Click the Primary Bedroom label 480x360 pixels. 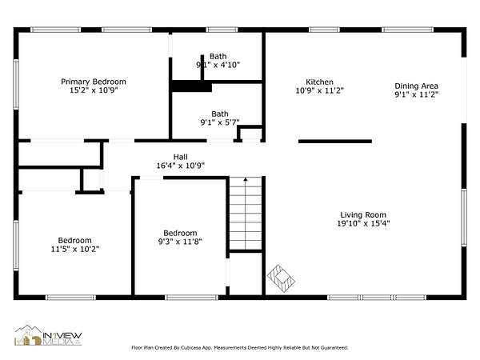94,82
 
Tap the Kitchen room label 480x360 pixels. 319,82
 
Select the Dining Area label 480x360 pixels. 416,86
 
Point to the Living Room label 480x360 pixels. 363,215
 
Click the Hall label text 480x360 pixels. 180,157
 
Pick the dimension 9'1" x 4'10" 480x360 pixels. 218,65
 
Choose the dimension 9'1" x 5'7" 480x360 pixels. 220,122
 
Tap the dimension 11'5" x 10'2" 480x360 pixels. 75,249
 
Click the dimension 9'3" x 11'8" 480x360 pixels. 180,242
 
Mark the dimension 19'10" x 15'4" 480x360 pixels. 363,223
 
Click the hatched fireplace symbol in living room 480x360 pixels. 281,278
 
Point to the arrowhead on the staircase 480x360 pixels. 246,179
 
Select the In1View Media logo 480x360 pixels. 48,335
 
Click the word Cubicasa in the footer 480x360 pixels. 190,348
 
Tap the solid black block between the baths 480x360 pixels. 192,86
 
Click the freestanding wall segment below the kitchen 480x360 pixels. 335,142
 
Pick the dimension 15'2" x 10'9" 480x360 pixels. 94,90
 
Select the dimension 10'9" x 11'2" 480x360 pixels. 319,90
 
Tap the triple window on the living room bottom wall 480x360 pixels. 377,298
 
